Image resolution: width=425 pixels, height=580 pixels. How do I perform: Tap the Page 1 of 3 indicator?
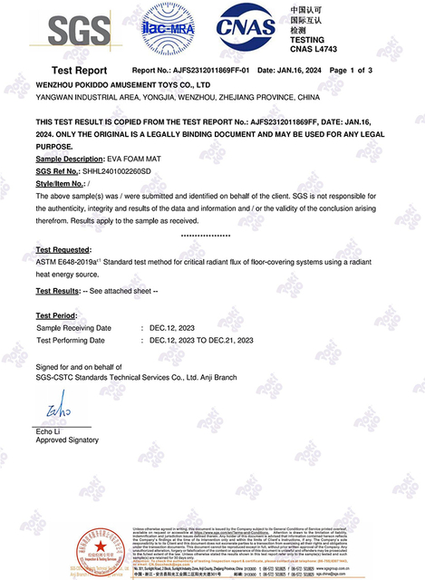click(x=350, y=70)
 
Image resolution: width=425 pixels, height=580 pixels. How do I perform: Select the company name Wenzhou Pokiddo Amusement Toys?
click(x=123, y=83)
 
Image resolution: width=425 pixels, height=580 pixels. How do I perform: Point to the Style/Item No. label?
click(x=67, y=183)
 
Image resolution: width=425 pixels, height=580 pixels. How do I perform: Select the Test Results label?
click(x=58, y=291)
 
